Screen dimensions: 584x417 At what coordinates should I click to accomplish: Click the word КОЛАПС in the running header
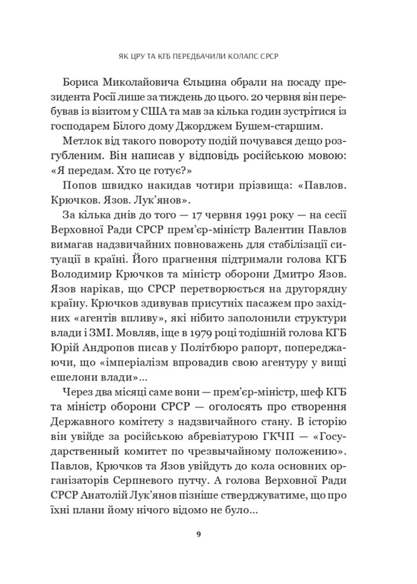tap(242, 56)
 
